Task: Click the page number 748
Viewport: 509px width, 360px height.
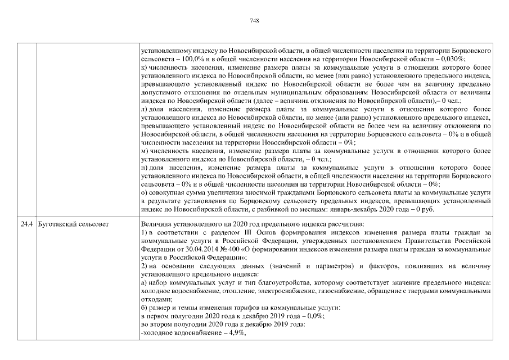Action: coord(254,20)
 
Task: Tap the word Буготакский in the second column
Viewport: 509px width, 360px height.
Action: coord(56,224)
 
